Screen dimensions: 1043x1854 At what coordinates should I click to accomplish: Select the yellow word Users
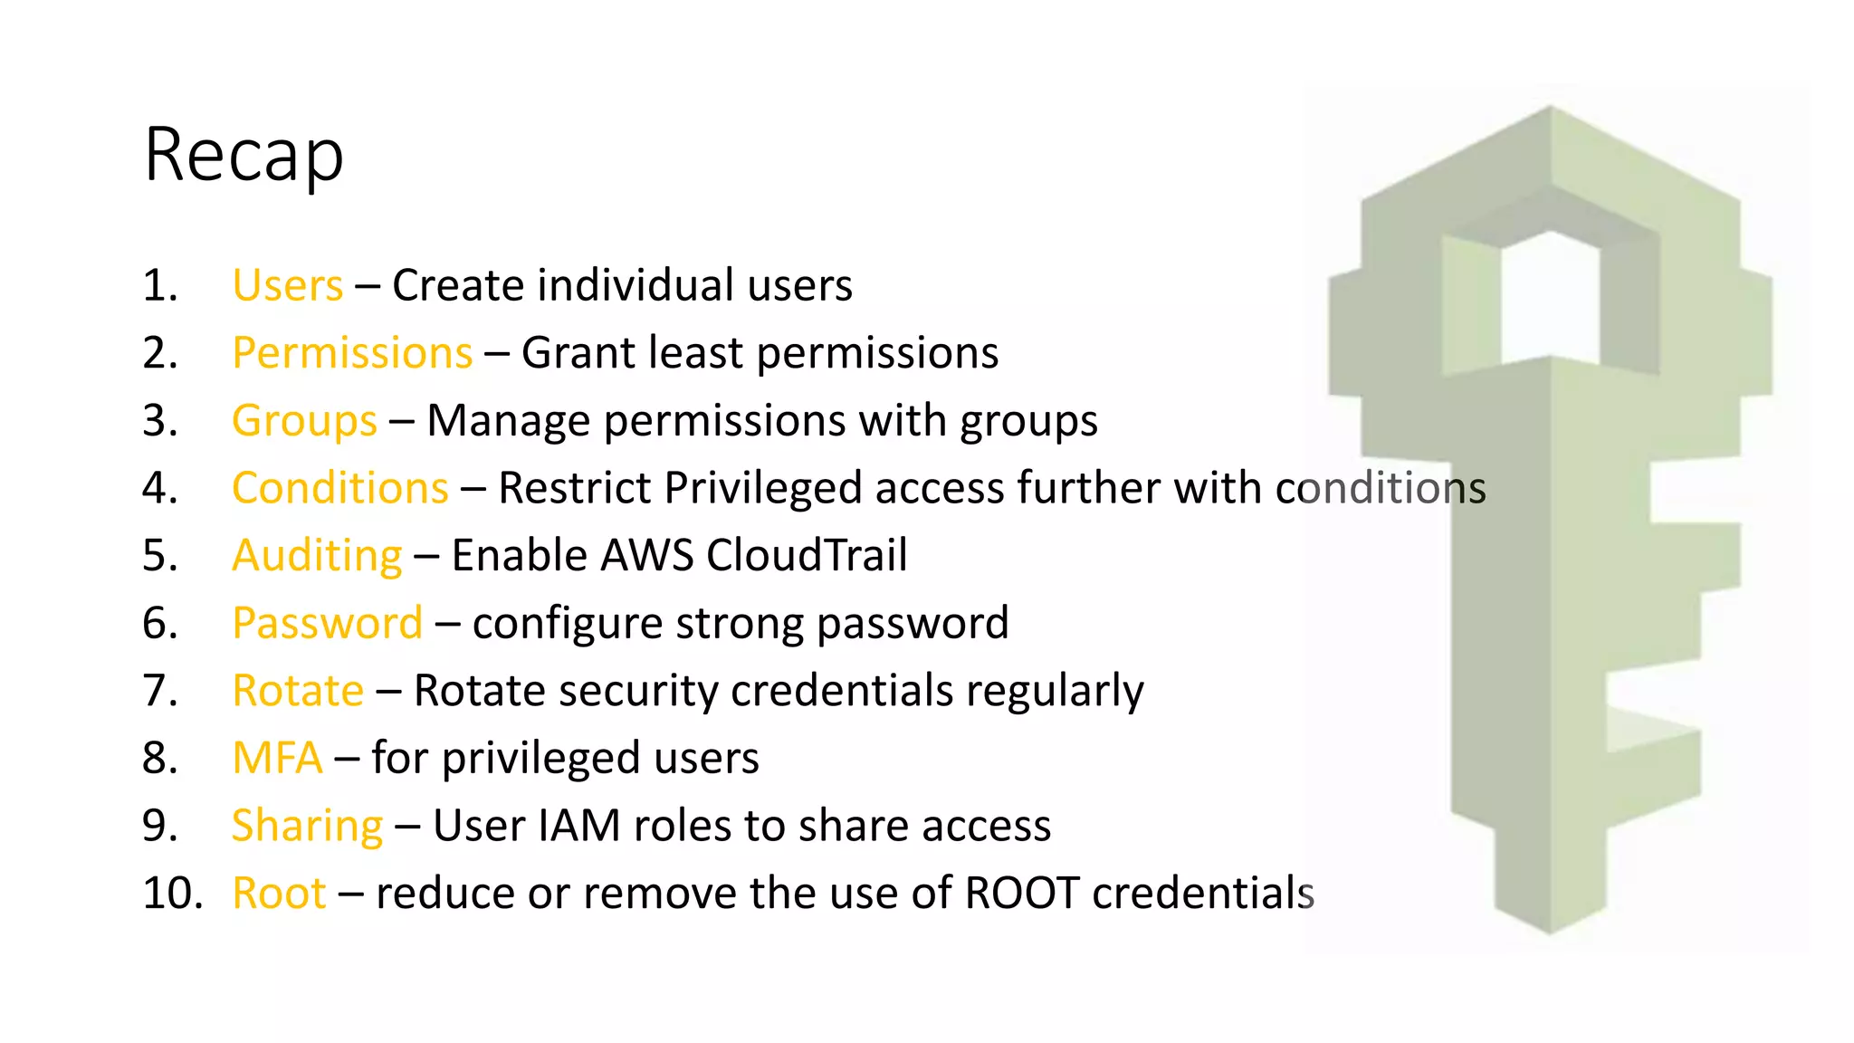click(x=287, y=286)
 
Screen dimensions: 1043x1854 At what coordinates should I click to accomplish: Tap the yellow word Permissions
click(x=352, y=353)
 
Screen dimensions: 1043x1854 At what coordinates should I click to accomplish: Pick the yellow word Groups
click(x=304, y=421)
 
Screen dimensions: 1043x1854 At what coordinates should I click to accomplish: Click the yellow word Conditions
click(x=339, y=489)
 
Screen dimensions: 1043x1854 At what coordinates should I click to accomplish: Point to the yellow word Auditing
click(x=317, y=556)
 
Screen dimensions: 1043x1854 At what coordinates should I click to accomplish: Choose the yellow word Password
click(x=327, y=624)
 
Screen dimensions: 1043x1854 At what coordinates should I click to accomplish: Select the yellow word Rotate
click(x=298, y=691)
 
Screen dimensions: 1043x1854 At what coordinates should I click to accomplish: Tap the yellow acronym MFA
click(x=277, y=759)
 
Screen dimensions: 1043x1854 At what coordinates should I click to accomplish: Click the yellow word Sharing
click(x=307, y=826)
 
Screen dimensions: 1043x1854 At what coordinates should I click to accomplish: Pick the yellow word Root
click(x=278, y=894)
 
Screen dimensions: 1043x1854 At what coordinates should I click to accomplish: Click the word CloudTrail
click(x=806, y=556)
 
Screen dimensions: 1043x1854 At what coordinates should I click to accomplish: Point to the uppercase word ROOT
click(x=1022, y=894)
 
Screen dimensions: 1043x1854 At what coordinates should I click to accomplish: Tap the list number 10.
click(x=172, y=894)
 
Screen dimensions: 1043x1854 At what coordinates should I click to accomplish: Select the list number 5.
click(x=160, y=556)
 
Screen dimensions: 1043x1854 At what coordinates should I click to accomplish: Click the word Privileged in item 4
click(x=763, y=489)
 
